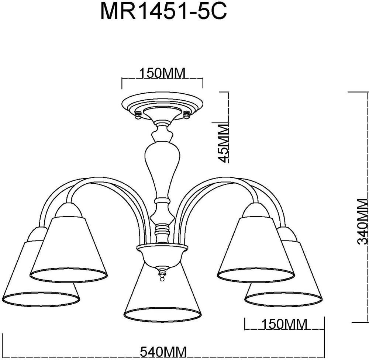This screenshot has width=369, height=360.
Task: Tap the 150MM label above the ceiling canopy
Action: (162, 73)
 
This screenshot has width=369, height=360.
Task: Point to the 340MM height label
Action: (364, 221)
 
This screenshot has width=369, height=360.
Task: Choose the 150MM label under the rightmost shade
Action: (284, 324)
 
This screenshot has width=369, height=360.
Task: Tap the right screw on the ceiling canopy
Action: (186, 115)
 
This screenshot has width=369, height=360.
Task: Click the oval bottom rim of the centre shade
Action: (163, 314)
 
